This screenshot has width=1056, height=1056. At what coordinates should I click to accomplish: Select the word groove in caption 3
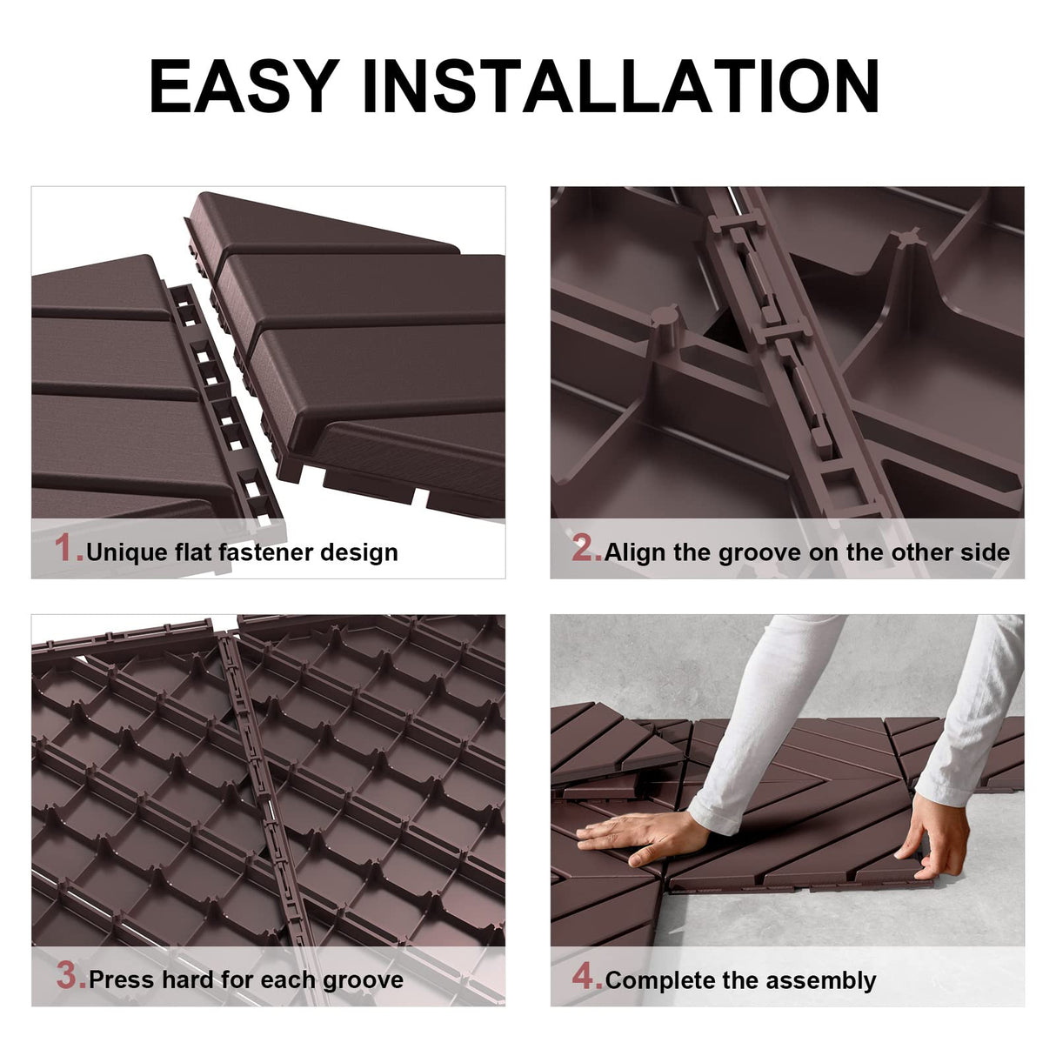click(x=363, y=981)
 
